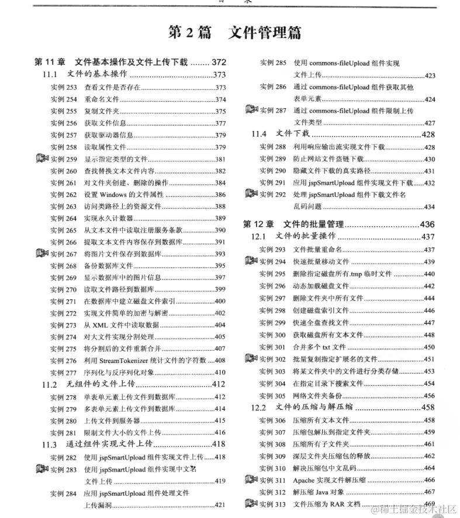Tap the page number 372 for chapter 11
pos(219,63)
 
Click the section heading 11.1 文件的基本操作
pos(85,75)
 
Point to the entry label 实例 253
pos(64,87)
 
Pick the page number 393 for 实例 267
pos(220,254)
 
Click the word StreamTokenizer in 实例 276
pos(126,360)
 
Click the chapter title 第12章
pos(257,225)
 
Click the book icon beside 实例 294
pos(251,261)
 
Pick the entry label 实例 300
pos(273,334)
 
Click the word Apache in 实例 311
pos(305,480)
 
